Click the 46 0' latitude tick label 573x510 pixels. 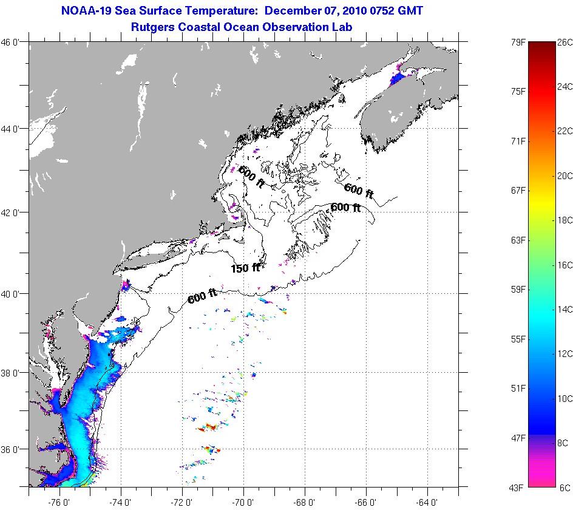pos(12,42)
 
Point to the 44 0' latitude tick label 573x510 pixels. pos(12,129)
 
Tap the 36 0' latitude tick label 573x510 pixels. pos(12,450)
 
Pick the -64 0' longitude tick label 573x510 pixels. pos(427,501)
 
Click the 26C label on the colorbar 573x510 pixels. pos(565,42)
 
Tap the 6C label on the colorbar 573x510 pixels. pos(565,488)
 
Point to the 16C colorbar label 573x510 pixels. pos(565,265)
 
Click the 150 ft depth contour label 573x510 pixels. pos(245,268)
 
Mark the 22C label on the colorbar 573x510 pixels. pos(565,131)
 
